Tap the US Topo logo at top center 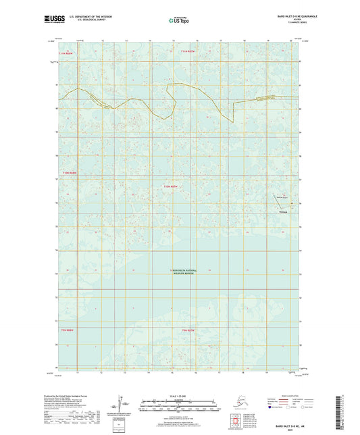176,20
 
